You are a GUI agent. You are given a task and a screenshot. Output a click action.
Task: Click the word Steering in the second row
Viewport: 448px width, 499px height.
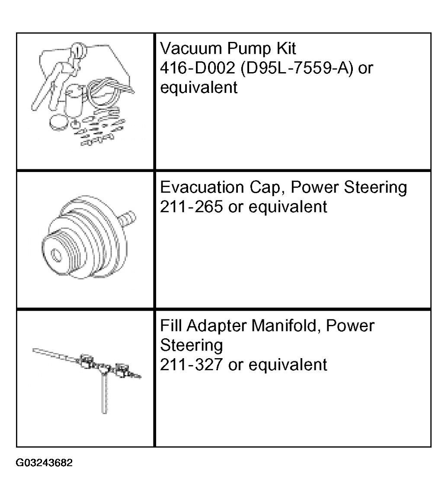click(x=375, y=188)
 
